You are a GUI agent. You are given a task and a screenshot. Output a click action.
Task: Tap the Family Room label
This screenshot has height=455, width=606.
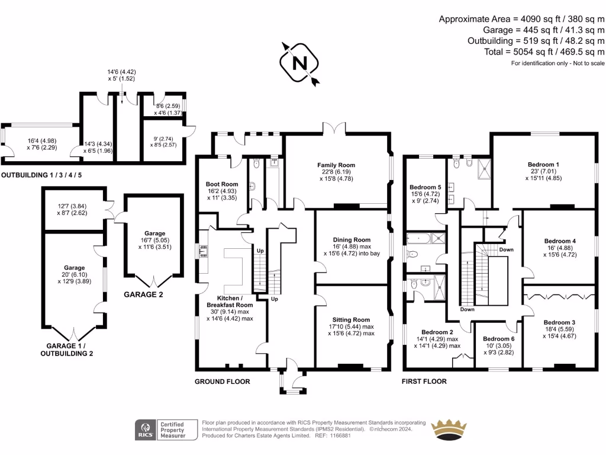pyautogui.click(x=336, y=165)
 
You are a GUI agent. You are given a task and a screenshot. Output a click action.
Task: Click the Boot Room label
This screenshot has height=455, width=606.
pyautogui.click(x=222, y=184)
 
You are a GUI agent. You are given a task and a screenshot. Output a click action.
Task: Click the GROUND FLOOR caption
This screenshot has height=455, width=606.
pyautogui.click(x=223, y=382)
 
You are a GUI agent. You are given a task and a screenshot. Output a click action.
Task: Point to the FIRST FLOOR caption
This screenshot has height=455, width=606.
pyautogui.click(x=425, y=382)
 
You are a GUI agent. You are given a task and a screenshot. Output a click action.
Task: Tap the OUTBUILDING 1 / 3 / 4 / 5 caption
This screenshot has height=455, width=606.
pyautogui.click(x=41, y=175)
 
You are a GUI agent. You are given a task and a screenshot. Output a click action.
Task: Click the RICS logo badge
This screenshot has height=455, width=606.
pyautogui.click(x=145, y=430)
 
